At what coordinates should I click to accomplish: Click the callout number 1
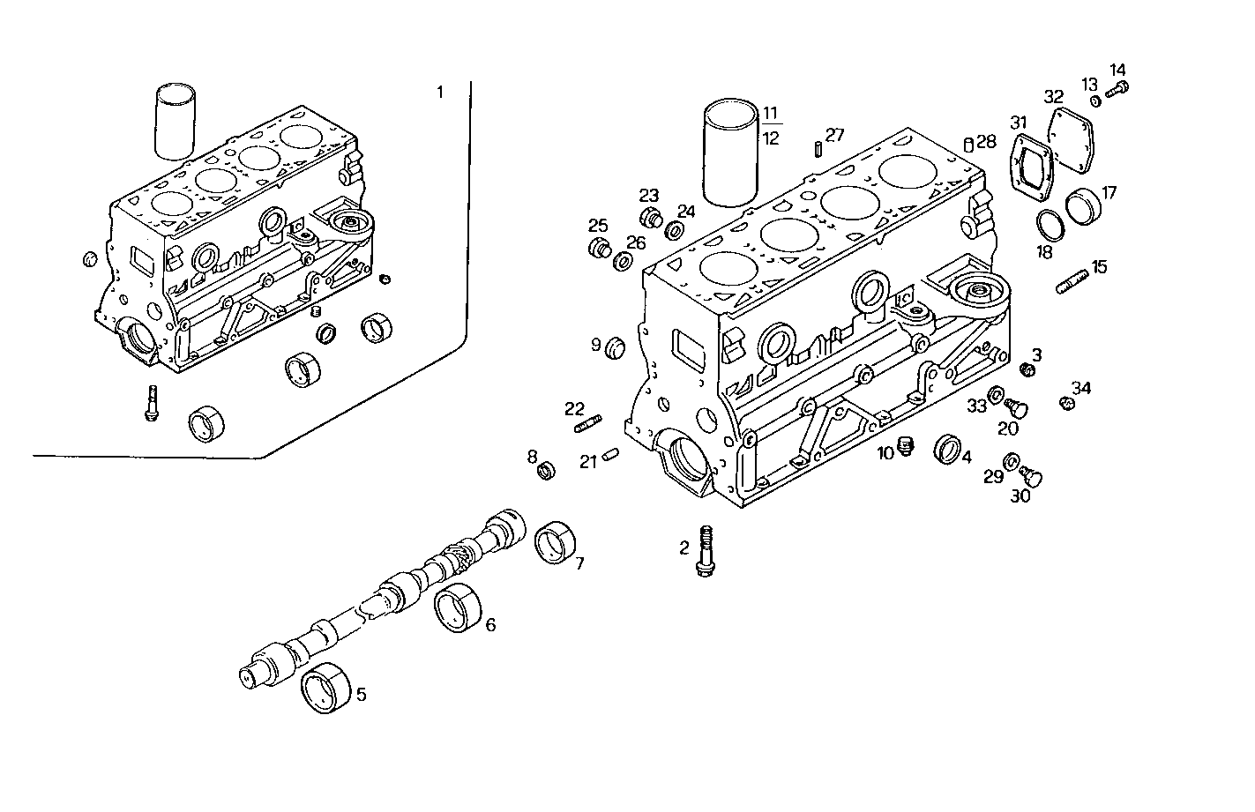(x=440, y=92)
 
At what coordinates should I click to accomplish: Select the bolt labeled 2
(x=705, y=551)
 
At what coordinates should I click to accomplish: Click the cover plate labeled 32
(x=1071, y=138)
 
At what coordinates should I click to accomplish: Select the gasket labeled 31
(x=1032, y=167)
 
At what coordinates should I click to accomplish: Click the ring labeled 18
(x=1049, y=225)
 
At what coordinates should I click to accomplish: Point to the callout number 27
(x=835, y=135)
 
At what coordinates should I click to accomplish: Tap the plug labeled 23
(x=651, y=219)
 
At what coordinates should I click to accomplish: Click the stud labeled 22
(x=588, y=425)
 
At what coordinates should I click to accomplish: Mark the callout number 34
(x=1081, y=388)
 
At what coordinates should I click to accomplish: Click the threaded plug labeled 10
(x=904, y=447)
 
